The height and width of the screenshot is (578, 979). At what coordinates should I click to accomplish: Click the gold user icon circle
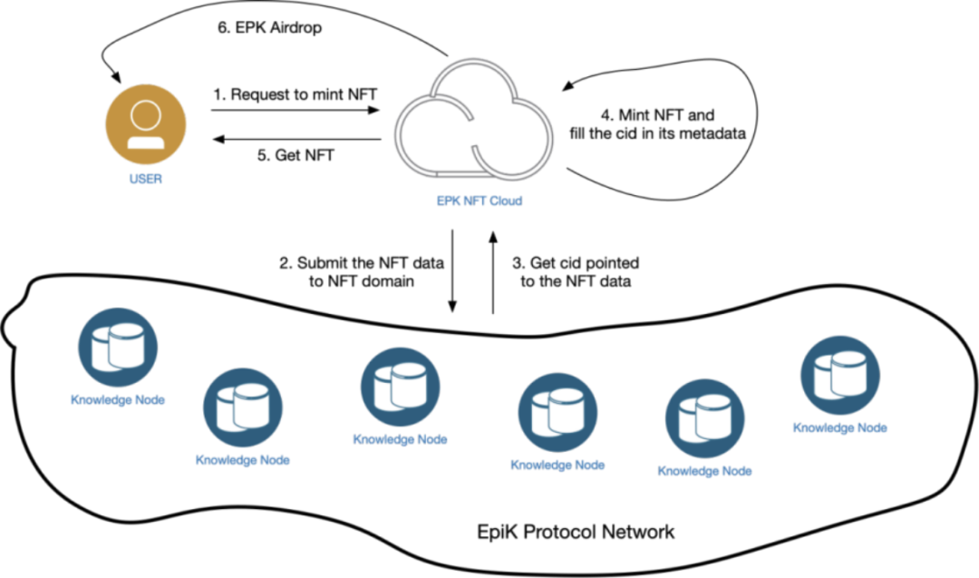tap(146, 124)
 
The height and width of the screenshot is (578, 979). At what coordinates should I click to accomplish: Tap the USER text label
tap(146, 179)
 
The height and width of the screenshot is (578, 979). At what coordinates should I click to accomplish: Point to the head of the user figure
tap(146, 114)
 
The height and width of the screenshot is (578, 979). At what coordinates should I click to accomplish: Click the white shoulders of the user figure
tap(146, 142)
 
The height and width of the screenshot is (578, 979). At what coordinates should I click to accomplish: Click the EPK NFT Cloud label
tap(480, 201)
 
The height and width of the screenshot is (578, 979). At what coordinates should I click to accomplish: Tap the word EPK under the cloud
tap(449, 201)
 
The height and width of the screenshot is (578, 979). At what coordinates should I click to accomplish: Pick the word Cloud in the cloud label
tap(506, 201)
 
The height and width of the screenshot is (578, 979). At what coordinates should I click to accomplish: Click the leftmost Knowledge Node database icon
tap(118, 347)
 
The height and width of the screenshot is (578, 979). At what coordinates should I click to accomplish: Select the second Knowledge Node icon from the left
tap(243, 407)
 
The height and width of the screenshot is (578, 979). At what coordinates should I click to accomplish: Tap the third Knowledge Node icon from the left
tap(400, 387)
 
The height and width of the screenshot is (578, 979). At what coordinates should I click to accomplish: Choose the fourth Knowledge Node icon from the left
tap(557, 412)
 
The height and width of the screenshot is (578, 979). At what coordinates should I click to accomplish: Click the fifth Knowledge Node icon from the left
tap(705, 418)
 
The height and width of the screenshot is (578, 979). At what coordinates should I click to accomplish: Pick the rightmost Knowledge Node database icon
tap(840, 376)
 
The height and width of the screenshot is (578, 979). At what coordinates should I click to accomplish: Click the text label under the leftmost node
tap(118, 399)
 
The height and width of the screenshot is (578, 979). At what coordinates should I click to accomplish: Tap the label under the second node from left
tap(243, 460)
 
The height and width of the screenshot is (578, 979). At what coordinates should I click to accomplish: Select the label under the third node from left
tap(400, 439)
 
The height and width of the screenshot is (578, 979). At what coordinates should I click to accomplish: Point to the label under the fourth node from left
tap(557, 465)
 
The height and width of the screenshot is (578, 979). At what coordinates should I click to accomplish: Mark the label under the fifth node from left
tap(705, 471)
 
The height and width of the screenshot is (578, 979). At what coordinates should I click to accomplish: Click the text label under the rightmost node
tap(840, 427)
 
